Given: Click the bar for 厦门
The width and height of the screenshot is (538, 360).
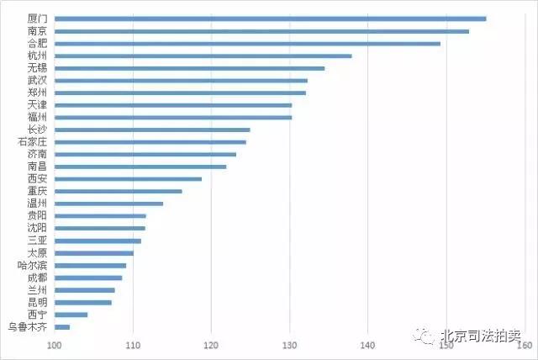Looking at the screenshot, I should click(x=269, y=19).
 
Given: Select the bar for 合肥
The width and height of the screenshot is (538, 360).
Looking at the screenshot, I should click(x=246, y=43).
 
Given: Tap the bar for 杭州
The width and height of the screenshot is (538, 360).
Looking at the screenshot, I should click(x=203, y=56).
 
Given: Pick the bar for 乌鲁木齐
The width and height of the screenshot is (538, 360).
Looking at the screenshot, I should click(x=62, y=326).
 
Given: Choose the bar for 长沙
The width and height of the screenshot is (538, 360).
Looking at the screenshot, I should click(x=152, y=130).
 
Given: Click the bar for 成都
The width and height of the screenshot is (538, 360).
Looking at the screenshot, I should click(x=88, y=278).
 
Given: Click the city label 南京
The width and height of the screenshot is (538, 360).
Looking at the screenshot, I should click(x=37, y=31).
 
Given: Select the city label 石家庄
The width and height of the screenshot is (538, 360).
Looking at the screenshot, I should click(x=32, y=141).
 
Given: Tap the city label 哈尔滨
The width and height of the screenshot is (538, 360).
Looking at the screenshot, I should click(x=32, y=265).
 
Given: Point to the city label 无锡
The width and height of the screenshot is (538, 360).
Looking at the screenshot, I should click(x=37, y=68).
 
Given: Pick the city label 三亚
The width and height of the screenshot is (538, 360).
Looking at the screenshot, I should click(x=37, y=241).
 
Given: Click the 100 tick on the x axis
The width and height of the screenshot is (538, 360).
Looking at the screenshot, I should click(x=55, y=346).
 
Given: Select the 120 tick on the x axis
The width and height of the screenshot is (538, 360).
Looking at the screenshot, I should click(x=212, y=346).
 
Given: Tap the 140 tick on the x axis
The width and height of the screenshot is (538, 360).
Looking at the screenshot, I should click(x=368, y=346).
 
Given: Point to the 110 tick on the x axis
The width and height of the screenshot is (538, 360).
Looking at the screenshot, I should click(x=133, y=346).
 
